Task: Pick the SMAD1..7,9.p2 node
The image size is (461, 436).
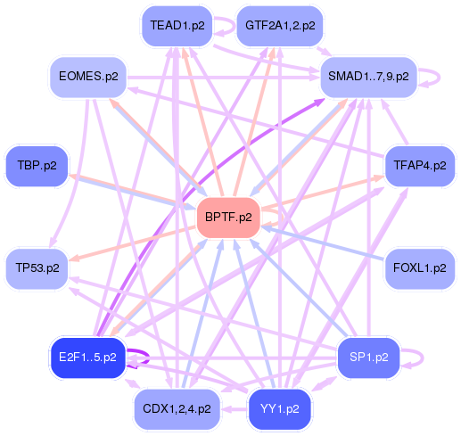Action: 369,77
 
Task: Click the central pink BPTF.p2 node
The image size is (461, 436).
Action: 228,217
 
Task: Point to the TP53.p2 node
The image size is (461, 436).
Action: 37,267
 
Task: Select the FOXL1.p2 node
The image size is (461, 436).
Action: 418,267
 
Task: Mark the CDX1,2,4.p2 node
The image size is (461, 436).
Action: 177,409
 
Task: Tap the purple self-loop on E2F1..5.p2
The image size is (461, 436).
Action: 140,358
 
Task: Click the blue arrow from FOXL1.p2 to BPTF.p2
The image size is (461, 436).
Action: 321,242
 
